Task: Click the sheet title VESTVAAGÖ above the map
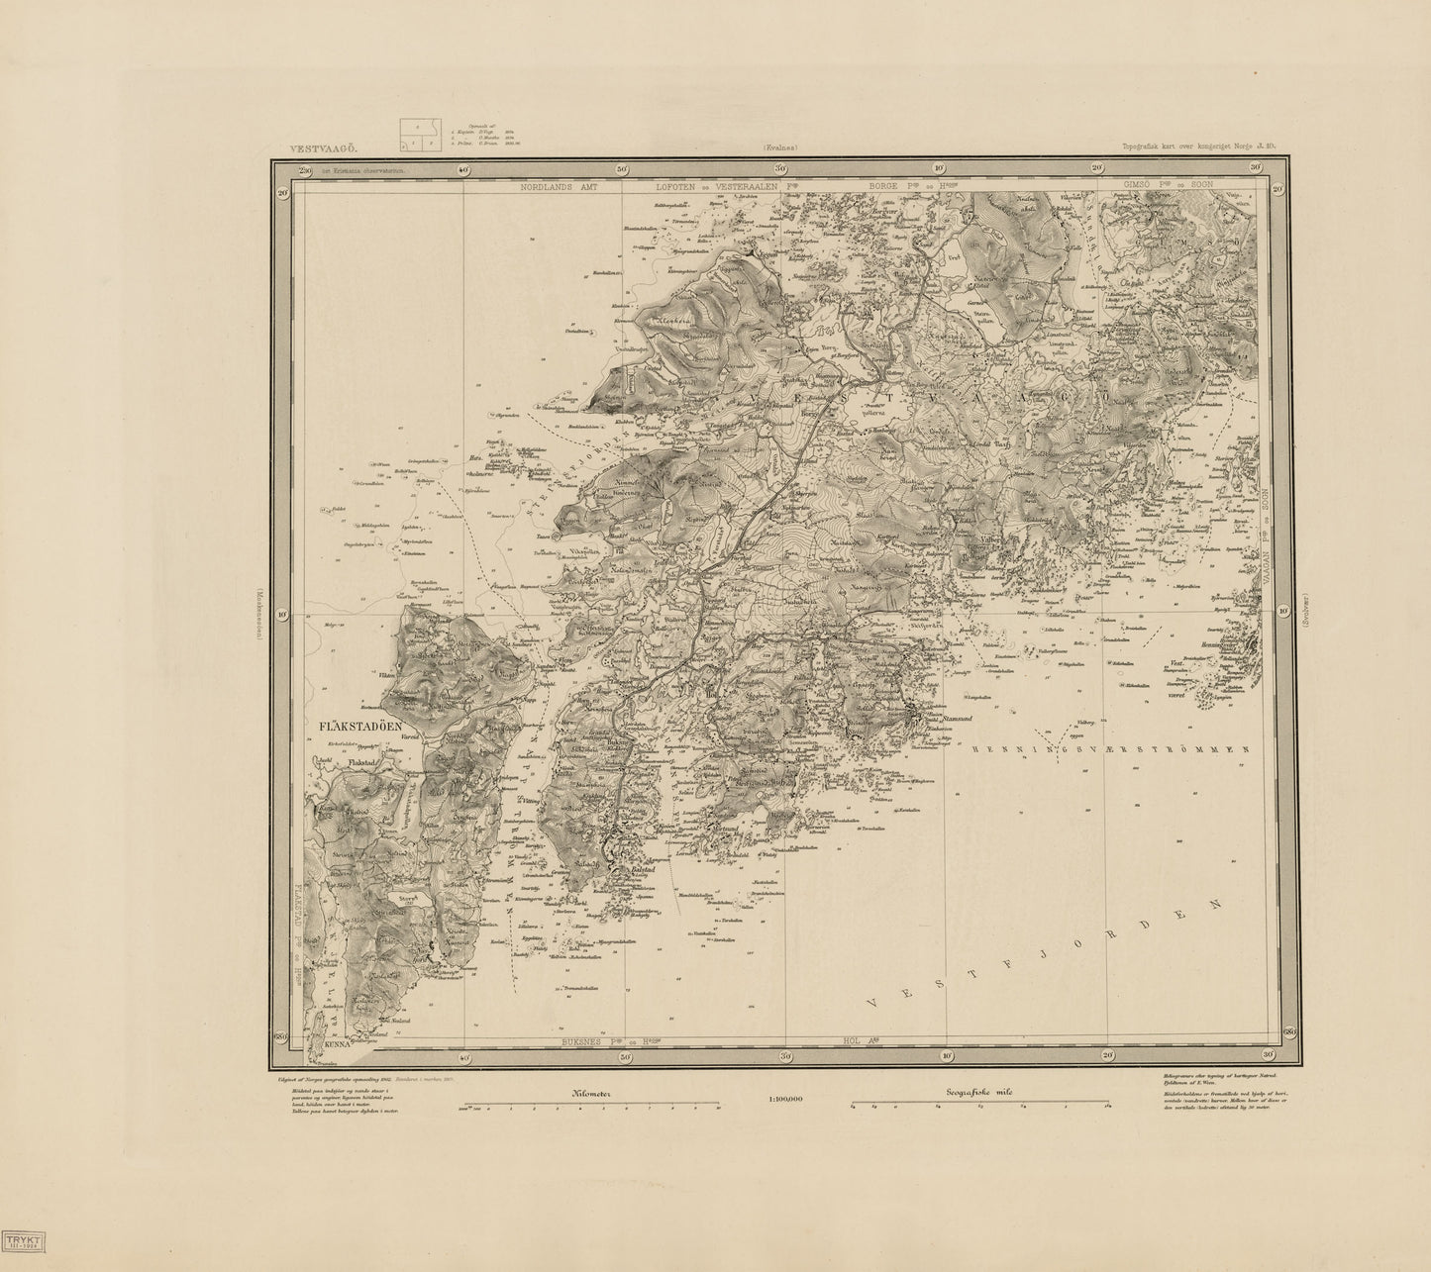pos(320,149)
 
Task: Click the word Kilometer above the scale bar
pos(592,1093)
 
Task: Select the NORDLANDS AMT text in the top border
pos(561,186)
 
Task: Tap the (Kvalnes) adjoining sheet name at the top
pos(780,148)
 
